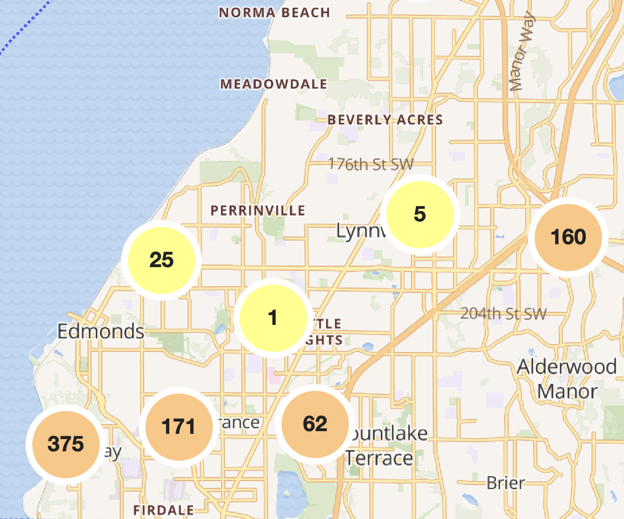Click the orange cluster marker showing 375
coord(66,444)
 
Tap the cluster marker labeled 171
coord(179,426)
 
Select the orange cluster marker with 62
coord(315,424)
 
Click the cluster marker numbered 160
coord(568,237)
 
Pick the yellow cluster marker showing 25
coord(162,260)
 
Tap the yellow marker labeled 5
coord(420,214)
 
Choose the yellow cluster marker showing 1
coord(272,318)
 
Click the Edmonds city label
coord(101,332)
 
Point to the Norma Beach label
coord(274,13)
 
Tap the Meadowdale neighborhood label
coord(273,84)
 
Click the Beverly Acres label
coord(385,120)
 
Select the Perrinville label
coord(258,210)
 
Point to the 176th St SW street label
coord(370,164)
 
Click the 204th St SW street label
coord(503,313)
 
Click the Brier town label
coord(505,483)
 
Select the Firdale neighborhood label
coord(163,510)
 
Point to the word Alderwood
coord(567,367)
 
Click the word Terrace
coord(379,458)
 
